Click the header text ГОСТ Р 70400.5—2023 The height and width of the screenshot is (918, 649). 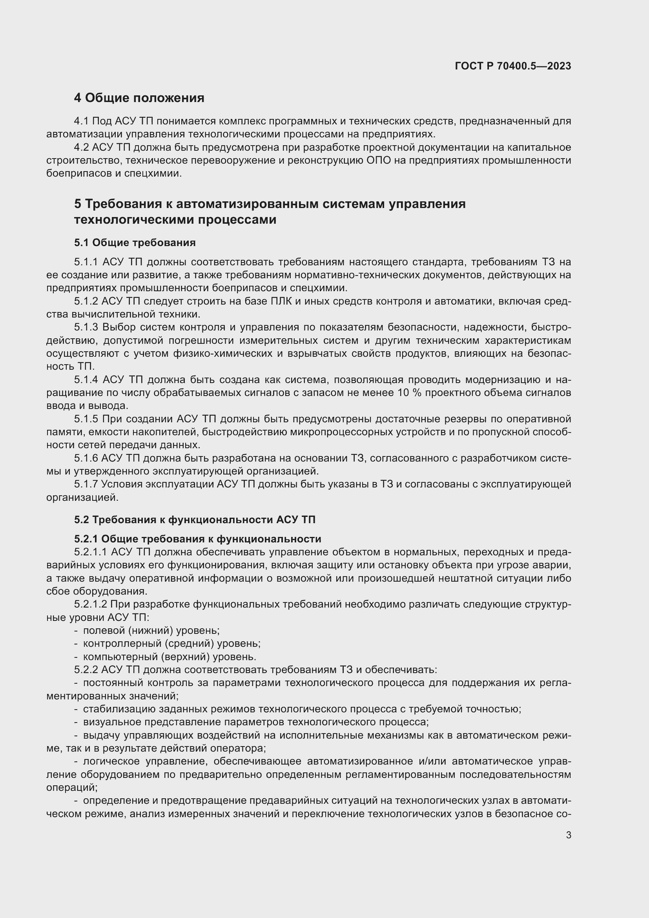pos(513,66)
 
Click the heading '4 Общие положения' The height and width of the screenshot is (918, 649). pos(139,98)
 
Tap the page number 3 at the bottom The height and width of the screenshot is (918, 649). pos(568,835)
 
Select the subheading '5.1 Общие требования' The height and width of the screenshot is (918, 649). pos(135,243)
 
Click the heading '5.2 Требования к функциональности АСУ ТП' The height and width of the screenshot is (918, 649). pos(195,519)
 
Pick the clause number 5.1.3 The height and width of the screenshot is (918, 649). pos(86,327)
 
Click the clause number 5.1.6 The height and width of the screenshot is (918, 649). pos(86,458)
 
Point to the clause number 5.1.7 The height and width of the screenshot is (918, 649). pos(86,484)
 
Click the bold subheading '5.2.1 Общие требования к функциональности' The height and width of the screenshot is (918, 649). pos(197,539)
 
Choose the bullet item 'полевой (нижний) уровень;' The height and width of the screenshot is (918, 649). pos(151,631)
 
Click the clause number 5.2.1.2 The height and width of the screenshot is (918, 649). pos(90,604)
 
